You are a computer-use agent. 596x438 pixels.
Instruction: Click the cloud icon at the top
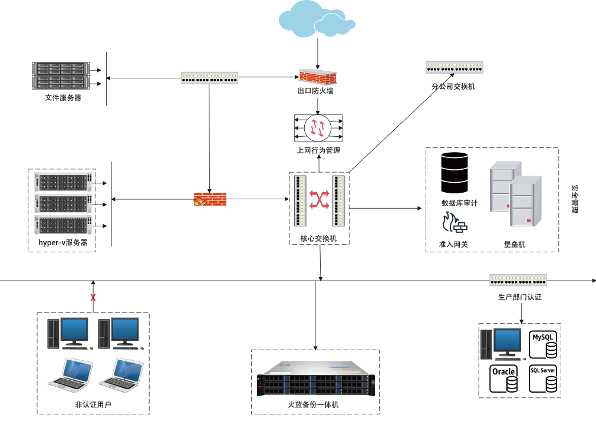coord(317,19)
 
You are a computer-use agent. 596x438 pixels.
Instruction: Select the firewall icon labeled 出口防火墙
coord(317,77)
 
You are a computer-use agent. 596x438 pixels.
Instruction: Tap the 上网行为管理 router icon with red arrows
coord(318,127)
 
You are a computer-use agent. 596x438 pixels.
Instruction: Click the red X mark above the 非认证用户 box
coord(93,298)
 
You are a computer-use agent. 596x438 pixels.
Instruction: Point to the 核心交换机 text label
coord(318,239)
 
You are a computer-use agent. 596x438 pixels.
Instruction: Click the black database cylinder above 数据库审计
coord(455,172)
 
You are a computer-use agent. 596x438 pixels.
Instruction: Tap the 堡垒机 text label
coord(515,245)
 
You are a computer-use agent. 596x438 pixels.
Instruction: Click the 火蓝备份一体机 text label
coord(313,405)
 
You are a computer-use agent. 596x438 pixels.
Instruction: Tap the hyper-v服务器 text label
coord(63,242)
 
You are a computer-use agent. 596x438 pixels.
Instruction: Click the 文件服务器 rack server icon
coord(60,75)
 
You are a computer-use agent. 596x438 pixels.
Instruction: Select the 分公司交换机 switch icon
coord(454,67)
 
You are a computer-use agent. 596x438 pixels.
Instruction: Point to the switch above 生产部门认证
coord(518,280)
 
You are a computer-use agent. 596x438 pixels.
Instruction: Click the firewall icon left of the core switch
coord(210,200)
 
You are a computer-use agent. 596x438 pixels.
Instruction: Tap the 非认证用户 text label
coord(93,404)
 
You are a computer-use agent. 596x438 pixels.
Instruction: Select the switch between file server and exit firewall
coord(209,77)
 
